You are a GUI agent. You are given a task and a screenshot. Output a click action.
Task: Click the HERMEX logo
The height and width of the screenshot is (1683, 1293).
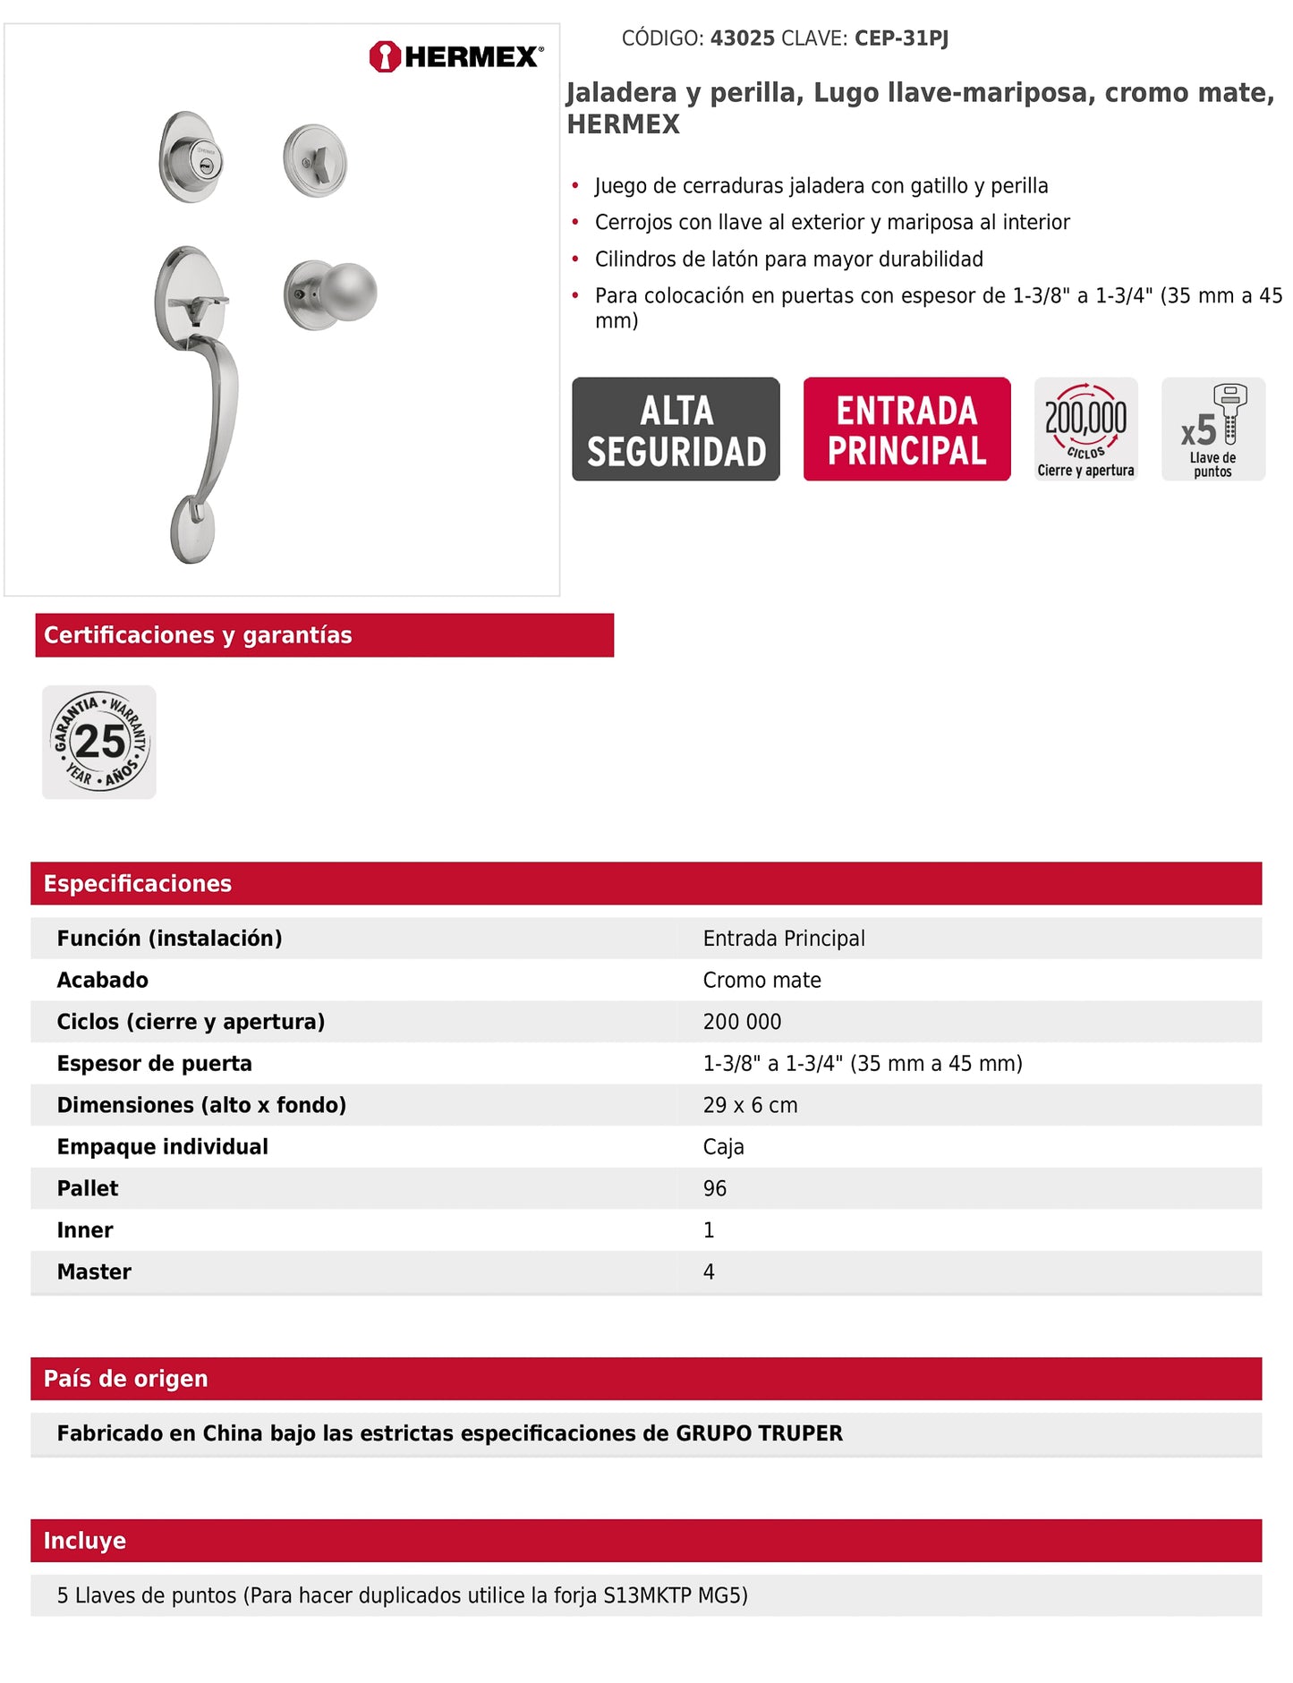(455, 56)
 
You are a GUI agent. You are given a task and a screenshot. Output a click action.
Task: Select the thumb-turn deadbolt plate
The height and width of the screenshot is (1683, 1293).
(315, 162)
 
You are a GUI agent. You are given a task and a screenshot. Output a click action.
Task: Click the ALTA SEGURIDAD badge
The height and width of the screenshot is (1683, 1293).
(676, 429)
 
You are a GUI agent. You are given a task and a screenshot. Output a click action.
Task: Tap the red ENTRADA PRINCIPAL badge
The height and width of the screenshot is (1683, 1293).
(906, 429)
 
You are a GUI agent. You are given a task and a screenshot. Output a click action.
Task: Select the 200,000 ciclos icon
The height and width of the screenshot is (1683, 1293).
(1085, 429)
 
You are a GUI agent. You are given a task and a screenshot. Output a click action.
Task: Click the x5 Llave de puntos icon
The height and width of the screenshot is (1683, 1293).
(1212, 429)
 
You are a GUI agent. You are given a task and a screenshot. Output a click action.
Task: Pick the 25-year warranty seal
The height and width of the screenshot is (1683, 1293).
(99, 742)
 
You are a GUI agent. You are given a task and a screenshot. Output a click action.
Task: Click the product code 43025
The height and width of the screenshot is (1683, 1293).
(742, 38)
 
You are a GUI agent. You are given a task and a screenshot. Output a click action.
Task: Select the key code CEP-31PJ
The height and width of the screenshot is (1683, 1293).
(901, 38)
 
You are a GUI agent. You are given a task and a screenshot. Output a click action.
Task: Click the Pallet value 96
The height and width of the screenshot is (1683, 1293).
(715, 1188)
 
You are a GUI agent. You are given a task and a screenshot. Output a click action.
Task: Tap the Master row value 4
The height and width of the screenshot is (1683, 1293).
(709, 1271)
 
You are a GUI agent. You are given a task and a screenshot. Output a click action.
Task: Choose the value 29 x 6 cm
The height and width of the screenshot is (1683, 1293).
(750, 1105)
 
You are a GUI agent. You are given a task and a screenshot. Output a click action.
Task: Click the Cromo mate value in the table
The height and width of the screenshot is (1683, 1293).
(761, 980)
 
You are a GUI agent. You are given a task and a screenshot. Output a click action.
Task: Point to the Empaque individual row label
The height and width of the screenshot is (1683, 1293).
(162, 1146)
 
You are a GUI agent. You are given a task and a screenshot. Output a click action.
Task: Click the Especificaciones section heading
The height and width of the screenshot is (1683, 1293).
(138, 883)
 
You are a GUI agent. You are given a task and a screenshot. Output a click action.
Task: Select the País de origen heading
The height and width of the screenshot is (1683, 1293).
(125, 1378)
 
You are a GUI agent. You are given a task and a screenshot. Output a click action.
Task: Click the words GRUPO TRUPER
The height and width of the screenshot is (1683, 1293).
(759, 1432)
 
